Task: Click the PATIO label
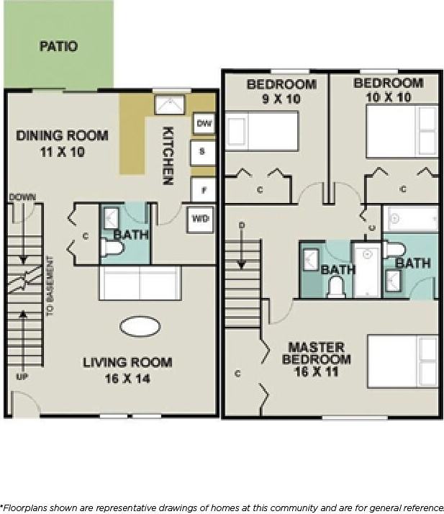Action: [x=58, y=47]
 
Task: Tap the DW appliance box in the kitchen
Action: [x=204, y=124]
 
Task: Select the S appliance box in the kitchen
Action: [x=202, y=152]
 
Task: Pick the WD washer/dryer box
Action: [x=200, y=220]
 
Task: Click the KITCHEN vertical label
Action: [x=168, y=155]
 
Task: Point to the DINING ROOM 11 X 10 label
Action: [x=62, y=143]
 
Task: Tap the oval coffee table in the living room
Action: [x=140, y=327]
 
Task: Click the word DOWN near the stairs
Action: [x=22, y=197]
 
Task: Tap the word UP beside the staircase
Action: [x=22, y=377]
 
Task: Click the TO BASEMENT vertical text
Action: [x=50, y=287]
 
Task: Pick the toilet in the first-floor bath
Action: [x=113, y=248]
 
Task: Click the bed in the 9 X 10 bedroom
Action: [x=262, y=131]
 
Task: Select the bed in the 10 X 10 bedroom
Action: [x=402, y=131]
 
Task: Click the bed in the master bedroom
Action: [x=402, y=360]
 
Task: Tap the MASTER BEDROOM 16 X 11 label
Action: [x=317, y=359]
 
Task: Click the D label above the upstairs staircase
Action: [x=242, y=225]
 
